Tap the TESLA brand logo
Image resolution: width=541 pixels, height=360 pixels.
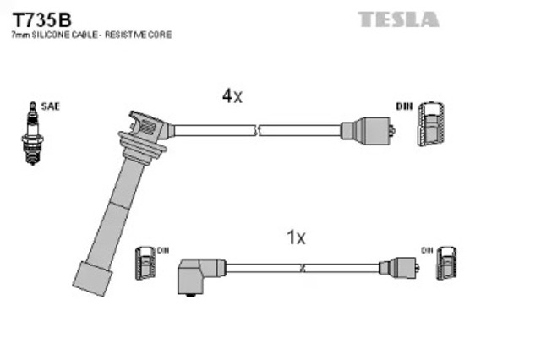[x=397, y=19]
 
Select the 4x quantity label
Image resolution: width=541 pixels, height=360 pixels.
[x=232, y=96]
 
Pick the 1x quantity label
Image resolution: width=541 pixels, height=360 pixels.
[x=296, y=238]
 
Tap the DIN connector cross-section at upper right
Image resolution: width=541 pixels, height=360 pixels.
[x=430, y=128]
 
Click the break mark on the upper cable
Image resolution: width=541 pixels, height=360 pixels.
[x=258, y=130]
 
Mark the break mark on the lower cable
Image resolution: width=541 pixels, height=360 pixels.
[x=303, y=268]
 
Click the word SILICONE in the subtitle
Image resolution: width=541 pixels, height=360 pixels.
[x=56, y=35]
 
